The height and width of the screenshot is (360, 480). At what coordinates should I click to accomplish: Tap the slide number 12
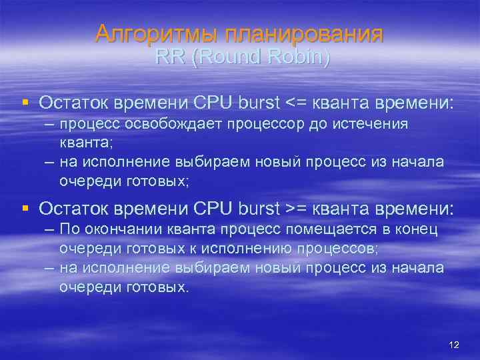[455, 345]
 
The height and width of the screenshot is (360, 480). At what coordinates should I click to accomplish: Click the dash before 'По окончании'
[49, 230]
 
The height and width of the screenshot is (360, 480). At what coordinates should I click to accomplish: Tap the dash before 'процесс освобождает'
[49, 124]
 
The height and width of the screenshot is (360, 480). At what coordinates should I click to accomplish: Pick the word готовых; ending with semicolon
[157, 181]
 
